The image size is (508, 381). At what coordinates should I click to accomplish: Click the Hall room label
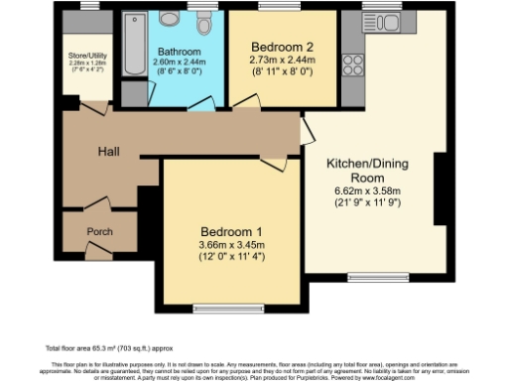pos(108,151)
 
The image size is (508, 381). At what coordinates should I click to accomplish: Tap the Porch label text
pos(99,232)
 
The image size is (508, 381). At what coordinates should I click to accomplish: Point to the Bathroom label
pos(177,51)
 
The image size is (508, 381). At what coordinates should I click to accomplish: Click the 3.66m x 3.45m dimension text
pos(229,245)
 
